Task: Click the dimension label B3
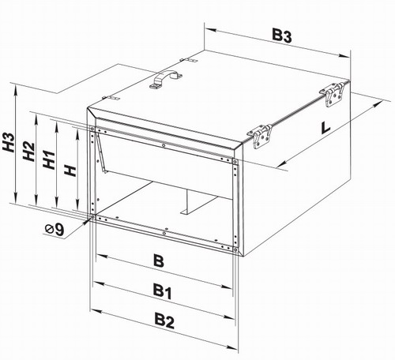(282, 36)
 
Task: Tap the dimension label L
(325, 127)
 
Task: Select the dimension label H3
(9, 142)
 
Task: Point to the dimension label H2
(28, 152)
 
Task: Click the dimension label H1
(49, 160)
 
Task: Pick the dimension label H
(70, 171)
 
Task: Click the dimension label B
(159, 261)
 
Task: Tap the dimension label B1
(163, 292)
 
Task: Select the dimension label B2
(164, 321)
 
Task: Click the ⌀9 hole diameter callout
(55, 230)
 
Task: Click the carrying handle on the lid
(166, 79)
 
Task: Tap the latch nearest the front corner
(261, 136)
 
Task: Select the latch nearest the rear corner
(333, 95)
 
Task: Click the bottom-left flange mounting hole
(92, 217)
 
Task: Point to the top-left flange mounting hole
(92, 129)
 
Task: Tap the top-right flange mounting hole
(235, 161)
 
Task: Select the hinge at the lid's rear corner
(189, 61)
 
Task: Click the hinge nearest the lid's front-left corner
(111, 99)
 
